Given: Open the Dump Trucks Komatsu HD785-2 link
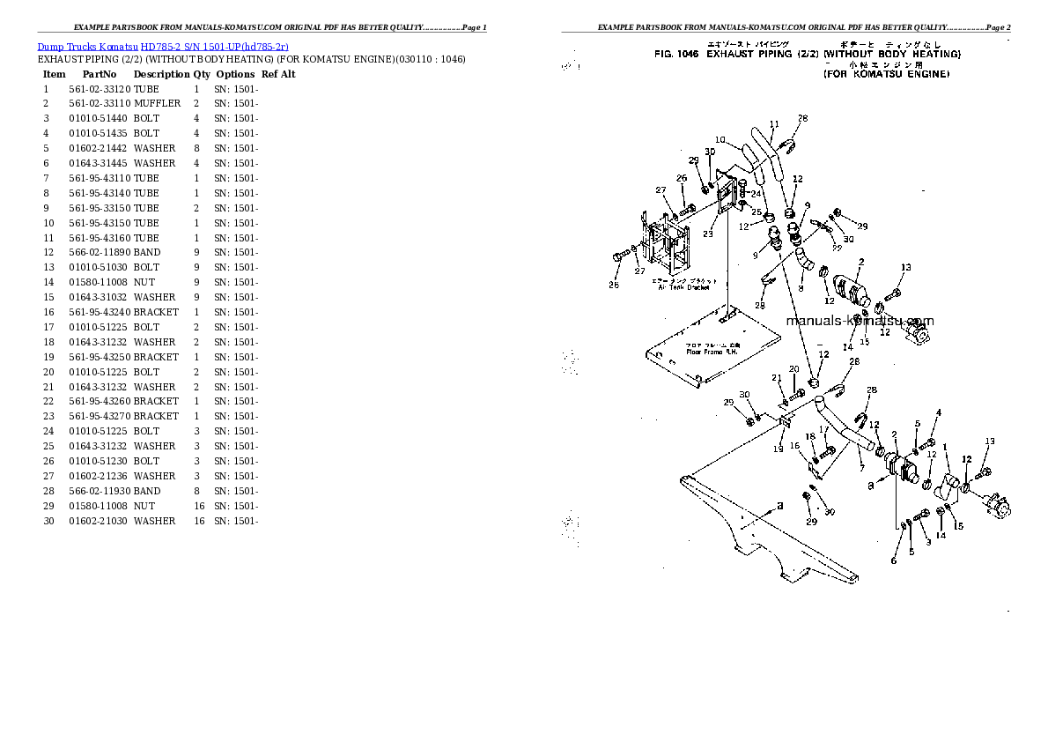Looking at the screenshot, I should [163, 46].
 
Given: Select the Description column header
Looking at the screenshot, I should [161, 74].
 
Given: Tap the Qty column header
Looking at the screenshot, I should [202, 74].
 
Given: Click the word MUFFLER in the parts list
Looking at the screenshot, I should [158, 103].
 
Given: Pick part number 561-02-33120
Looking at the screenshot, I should [100, 89].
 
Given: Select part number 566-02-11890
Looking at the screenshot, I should [100, 252].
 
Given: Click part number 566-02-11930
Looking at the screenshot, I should [100, 491].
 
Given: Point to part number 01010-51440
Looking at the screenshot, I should [100, 118].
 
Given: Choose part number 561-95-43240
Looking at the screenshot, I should [100, 312].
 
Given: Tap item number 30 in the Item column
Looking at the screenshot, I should [48, 521].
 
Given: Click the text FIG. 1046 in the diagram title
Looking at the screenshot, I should [675, 55].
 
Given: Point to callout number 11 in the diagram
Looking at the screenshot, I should [774, 124].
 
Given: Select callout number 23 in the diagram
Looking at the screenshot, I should [707, 234].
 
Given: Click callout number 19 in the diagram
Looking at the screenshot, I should [778, 449].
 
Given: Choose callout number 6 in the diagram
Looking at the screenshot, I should [893, 560].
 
